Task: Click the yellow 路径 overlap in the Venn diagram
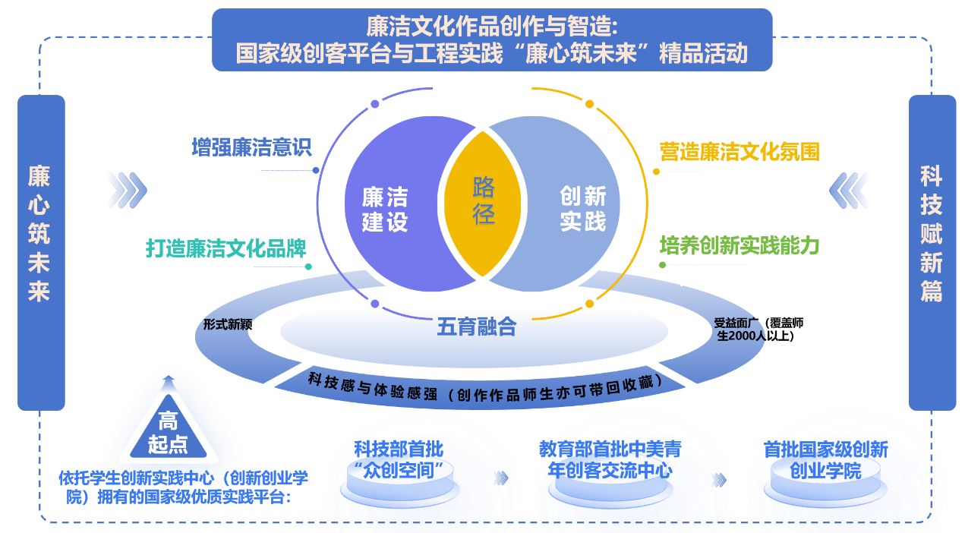click(x=484, y=201)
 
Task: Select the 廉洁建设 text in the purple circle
click(x=385, y=210)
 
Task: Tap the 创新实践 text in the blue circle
click(x=583, y=209)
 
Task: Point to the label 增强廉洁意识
click(x=251, y=147)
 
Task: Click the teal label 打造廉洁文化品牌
click(x=226, y=248)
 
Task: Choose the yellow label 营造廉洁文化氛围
click(x=740, y=152)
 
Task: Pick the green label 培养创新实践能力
click(x=739, y=245)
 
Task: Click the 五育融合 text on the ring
click(x=476, y=327)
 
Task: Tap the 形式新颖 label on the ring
click(x=227, y=324)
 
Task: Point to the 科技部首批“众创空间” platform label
click(x=399, y=459)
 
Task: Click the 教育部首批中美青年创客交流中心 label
click(x=610, y=459)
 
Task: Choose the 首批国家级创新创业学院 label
click(x=825, y=459)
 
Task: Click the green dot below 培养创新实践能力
click(x=662, y=265)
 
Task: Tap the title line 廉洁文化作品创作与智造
click(x=492, y=27)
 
